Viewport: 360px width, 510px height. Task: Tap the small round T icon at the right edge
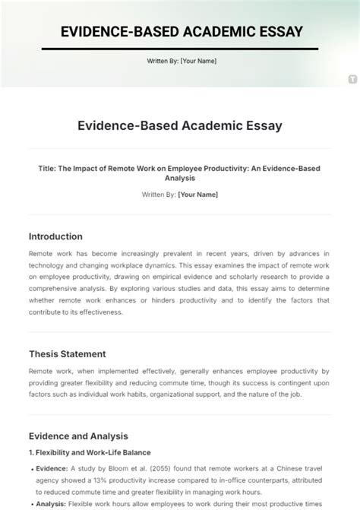pos(352,78)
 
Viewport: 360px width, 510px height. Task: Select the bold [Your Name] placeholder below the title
pos(197,195)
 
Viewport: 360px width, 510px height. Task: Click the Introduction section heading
pos(55,236)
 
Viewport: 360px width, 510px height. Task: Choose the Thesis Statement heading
pos(67,353)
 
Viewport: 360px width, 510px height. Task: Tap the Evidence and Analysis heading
pos(78,436)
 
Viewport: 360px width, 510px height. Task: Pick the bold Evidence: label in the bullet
pos(53,469)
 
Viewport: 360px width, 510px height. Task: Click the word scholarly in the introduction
pos(259,265)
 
